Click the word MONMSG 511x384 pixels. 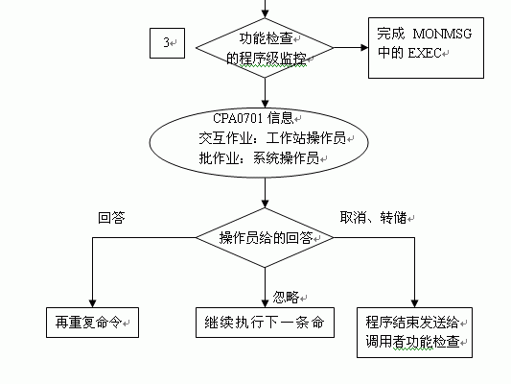pyautogui.click(x=442, y=34)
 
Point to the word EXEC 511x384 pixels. pyautogui.click(x=425, y=53)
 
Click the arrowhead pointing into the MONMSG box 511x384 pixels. pyautogui.click(x=364, y=48)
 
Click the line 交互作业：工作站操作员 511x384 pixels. pyautogui.click(x=272, y=138)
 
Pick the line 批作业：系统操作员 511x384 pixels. pyautogui.click(x=259, y=158)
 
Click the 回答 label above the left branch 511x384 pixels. pyautogui.click(x=111, y=218)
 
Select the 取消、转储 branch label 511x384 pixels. pyautogui.click(x=373, y=217)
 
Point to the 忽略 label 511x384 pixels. pyautogui.click(x=286, y=298)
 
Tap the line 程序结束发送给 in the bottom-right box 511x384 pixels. pyautogui.click(x=412, y=323)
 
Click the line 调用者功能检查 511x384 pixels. pyautogui.click(x=412, y=342)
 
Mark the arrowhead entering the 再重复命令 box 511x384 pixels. pyautogui.click(x=93, y=303)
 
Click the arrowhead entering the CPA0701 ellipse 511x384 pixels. pyautogui.click(x=265, y=104)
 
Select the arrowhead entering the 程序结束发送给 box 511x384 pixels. pyautogui.click(x=414, y=303)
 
